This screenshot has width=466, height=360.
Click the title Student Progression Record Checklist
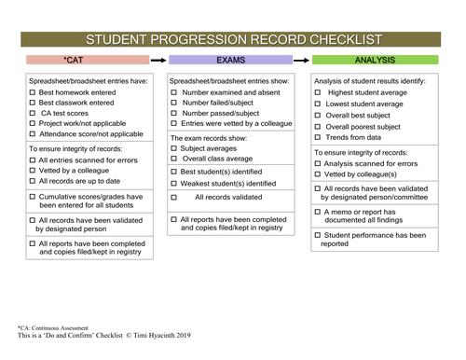233,39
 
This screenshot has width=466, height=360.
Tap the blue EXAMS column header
231,60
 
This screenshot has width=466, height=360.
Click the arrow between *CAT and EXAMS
158,60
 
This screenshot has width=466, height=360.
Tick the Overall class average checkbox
175,159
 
